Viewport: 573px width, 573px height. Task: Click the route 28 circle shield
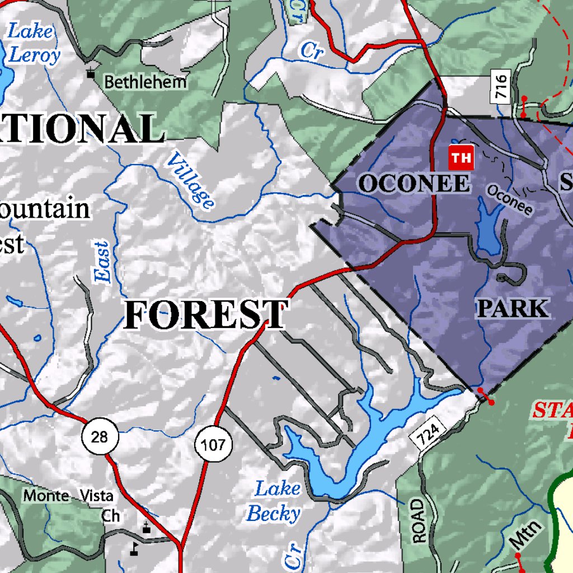(100, 436)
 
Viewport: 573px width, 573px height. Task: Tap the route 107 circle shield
(213, 445)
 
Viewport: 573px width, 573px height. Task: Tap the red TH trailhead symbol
(461, 158)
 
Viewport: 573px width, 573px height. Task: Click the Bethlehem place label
(145, 82)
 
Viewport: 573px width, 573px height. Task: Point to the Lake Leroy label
(33, 43)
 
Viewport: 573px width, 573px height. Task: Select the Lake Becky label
(275, 501)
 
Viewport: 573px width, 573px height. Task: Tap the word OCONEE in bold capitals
(414, 184)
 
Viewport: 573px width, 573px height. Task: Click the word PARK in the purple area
(512, 308)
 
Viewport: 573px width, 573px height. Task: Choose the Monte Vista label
(68, 496)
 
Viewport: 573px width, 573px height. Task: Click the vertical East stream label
(102, 262)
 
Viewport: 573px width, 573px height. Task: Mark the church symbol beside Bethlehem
(91, 73)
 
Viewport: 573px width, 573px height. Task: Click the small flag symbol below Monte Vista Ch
(134, 548)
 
